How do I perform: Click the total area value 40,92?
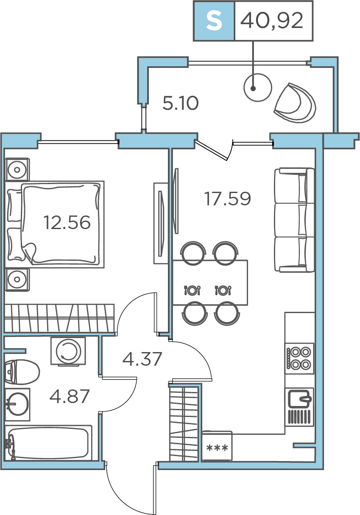coord(271,21)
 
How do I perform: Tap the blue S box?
coord(214,21)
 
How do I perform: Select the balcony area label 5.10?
coord(180,103)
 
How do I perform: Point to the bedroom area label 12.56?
coord(67,222)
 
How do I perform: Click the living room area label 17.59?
coord(227,199)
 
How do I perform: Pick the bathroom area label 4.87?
coord(69,396)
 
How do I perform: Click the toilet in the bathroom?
coord(22,372)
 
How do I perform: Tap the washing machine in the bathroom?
coord(68,351)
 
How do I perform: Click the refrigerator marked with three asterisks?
coord(217,446)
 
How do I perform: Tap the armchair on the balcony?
coord(295,103)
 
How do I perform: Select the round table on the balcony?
coord(257,87)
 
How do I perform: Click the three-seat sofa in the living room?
coord(295,220)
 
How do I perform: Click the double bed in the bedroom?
coord(55,224)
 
